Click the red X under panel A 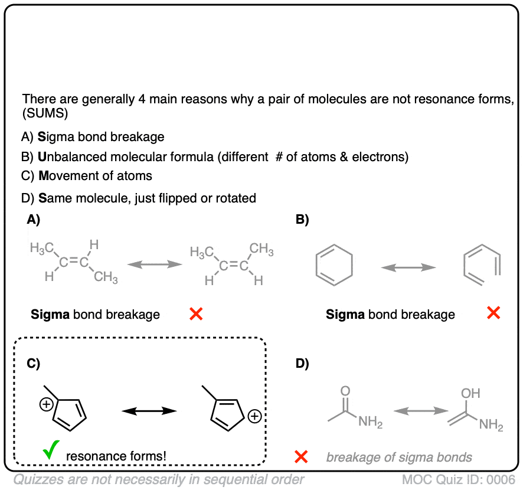(x=196, y=314)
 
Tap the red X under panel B (x=493, y=313)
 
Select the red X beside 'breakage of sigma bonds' (x=301, y=456)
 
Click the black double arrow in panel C (x=149, y=411)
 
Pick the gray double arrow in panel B (x=408, y=269)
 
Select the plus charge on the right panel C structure (x=254, y=417)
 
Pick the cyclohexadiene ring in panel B (x=335, y=269)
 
